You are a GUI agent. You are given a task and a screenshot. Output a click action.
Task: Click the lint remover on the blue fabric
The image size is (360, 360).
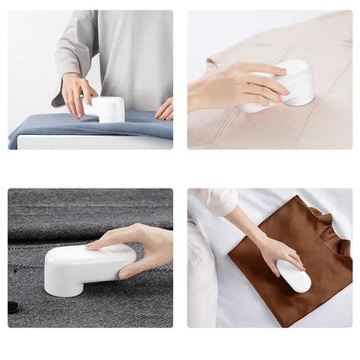click(x=108, y=110)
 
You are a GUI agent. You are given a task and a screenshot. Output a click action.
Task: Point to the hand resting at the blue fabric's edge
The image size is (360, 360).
click(x=164, y=109)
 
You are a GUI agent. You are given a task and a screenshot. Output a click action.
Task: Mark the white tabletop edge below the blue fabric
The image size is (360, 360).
click(x=87, y=143)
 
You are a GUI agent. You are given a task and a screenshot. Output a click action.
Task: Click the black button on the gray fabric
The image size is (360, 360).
click(x=13, y=307)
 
